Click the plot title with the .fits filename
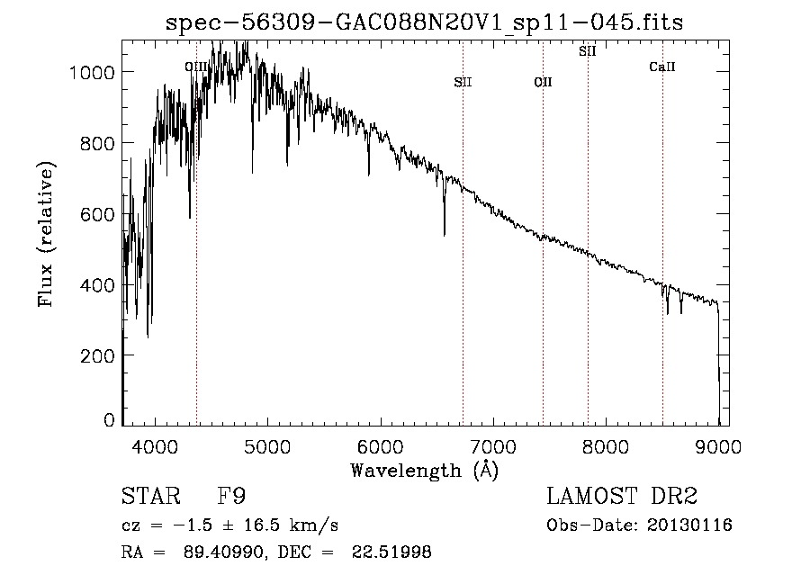pyautogui.click(x=425, y=22)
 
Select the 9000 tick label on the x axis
pyautogui.click(x=718, y=445)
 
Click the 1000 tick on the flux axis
pyautogui.click(x=93, y=72)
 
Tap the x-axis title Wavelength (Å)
pyautogui.click(x=424, y=470)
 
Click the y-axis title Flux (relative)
pyautogui.click(x=46, y=234)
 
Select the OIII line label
pyautogui.click(x=195, y=67)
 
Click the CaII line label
pyautogui.click(x=662, y=67)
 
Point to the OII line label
pyautogui.click(x=543, y=83)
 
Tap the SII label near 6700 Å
pyautogui.click(x=463, y=83)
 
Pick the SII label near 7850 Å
pyautogui.click(x=588, y=51)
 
